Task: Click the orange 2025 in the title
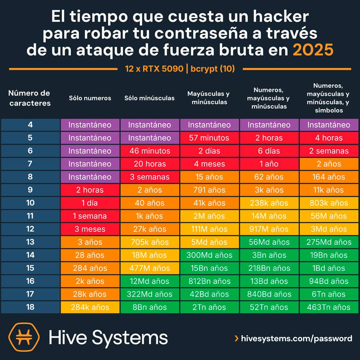(x=313, y=51)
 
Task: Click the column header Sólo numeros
(x=90, y=98)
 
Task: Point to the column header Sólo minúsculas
(x=150, y=98)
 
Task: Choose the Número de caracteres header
(x=30, y=98)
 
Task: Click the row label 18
(x=30, y=307)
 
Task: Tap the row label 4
(x=30, y=125)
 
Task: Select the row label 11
(x=30, y=216)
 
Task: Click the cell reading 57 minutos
(x=209, y=138)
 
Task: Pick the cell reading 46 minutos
(x=150, y=151)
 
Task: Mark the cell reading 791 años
(x=209, y=190)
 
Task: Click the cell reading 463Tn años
(x=329, y=307)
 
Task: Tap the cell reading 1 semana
(x=90, y=216)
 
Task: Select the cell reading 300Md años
(x=209, y=255)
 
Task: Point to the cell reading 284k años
(x=90, y=307)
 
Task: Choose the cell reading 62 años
(x=269, y=177)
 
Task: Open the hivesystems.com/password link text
(x=296, y=338)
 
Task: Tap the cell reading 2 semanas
(x=329, y=151)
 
